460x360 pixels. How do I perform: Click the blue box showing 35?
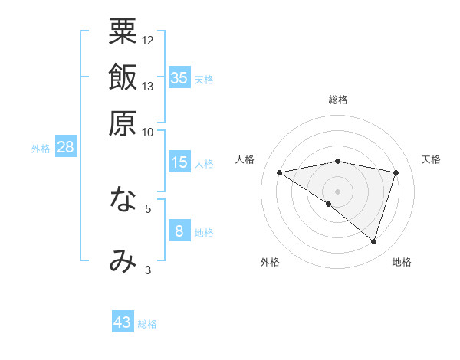(179, 78)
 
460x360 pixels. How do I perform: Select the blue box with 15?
(179, 162)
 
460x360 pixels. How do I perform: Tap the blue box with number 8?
(179, 231)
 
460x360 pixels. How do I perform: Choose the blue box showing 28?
(66, 148)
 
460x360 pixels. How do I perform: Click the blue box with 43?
(123, 322)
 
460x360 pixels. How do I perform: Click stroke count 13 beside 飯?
(148, 86)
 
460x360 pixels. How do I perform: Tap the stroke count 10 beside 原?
(148, 132)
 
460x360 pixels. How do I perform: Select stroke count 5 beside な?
(148, 208)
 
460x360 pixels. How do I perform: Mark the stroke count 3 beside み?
(148, 270)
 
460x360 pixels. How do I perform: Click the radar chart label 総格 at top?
(338, 100)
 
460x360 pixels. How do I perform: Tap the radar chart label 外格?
(270, 262)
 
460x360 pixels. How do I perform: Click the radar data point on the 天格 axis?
(396, 172)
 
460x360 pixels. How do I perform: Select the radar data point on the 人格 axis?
(279, 172)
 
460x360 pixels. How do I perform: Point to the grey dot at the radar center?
(337, 191)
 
